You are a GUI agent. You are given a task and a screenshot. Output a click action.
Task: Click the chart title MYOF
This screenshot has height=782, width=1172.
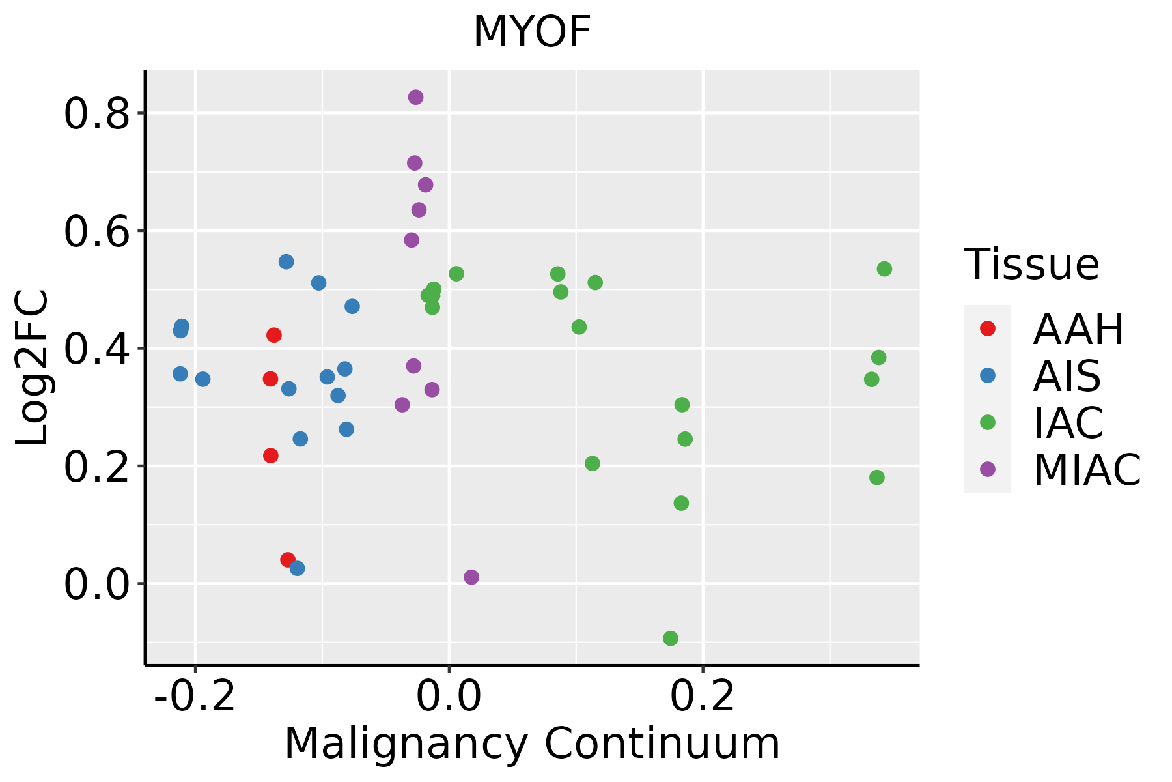(532, 32)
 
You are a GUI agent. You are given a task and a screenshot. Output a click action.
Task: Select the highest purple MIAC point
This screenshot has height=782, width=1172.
(415, 97)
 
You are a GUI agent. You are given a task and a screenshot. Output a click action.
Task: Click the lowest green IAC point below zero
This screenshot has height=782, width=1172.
(670, 638)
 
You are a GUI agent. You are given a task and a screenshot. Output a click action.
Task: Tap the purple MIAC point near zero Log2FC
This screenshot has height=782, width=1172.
(471, 577)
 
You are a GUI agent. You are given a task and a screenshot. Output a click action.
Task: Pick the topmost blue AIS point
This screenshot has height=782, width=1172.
(286, 262)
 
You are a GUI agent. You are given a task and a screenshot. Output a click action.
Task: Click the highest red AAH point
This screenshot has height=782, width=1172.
(273, 335)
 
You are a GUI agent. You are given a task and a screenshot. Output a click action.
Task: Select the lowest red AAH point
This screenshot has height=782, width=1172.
(288, 560)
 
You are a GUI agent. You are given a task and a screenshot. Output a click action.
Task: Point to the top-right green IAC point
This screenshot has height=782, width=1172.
(884, 268)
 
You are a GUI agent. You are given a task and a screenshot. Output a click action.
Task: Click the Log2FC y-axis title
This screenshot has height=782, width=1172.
(33, 368)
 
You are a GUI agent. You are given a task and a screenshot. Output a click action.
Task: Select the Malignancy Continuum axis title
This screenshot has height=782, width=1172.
(532, 744)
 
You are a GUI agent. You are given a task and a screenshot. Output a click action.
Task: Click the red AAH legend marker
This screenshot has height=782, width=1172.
(987, 328)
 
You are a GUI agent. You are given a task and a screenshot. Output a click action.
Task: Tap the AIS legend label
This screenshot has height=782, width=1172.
(1067, 376)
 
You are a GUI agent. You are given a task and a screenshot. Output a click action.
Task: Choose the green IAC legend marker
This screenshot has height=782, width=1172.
(987, 422)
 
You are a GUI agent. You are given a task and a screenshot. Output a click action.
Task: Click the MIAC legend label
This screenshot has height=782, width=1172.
(1087, 469)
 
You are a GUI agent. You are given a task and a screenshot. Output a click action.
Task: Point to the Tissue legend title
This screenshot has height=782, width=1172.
(1032, 265)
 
